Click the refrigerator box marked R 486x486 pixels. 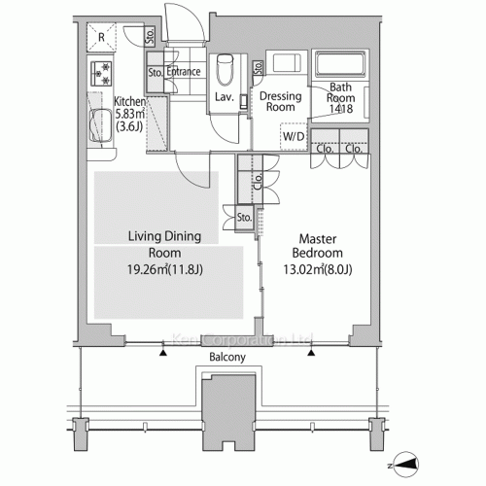coord(101,37)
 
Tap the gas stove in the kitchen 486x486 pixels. coord(101,74)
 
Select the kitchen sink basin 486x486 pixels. coord(101,126)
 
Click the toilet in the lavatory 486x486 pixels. coord(225,70)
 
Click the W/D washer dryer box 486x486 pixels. coord(294,136)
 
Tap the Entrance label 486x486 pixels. coord(184,72)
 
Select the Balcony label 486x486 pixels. coord(227,357)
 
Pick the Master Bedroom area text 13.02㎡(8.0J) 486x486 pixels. coord(318,269)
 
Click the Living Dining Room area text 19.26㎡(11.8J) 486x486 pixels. coord(165,269)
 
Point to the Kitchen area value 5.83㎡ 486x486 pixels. coord(130,114)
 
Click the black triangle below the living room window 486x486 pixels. coord(163,353)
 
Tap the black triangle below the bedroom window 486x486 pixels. coord(311,353)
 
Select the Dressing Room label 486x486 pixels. coord(281,101)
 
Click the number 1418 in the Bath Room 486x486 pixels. coord(341,109)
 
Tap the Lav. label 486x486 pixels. coord(225,97)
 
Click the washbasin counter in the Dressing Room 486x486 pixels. coord(287,62)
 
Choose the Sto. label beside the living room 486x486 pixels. coord(244,218)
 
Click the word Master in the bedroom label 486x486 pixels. coord(318,239)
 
